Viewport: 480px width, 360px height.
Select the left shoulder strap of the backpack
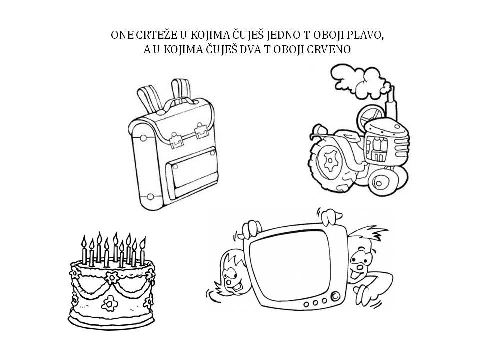(147, 97)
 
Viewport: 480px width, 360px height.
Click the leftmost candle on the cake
(84, 252)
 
